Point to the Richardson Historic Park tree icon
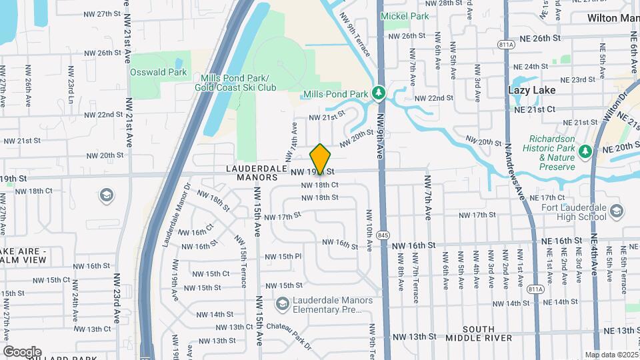(585, 151)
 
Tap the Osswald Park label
(159, 72)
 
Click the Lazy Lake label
(531, 89)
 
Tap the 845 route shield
(383, 235)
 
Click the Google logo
(22, 351)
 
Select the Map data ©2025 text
(611, 355)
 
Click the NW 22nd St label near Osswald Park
(100, 115)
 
